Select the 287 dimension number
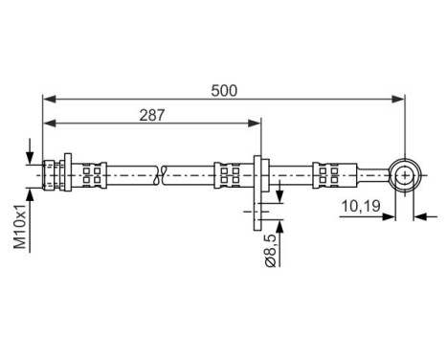[x=152, y=115]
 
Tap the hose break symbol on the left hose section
[x=162, y=175]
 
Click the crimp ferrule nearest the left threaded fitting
[x=93, y=175]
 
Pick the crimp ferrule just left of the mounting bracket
[x=231, y=175]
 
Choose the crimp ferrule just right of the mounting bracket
[x=280, y=175]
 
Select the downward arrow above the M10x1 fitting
[x=33, y=156]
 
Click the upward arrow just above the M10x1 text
[x=33, y=192]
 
